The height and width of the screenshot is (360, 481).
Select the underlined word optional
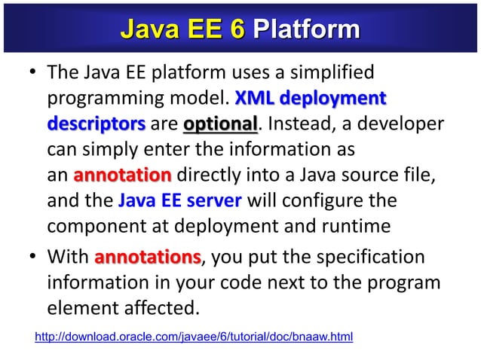tap(219, 123)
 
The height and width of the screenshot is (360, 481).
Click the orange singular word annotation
tap(123, 176)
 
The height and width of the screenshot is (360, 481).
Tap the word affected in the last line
tap(164, 308)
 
